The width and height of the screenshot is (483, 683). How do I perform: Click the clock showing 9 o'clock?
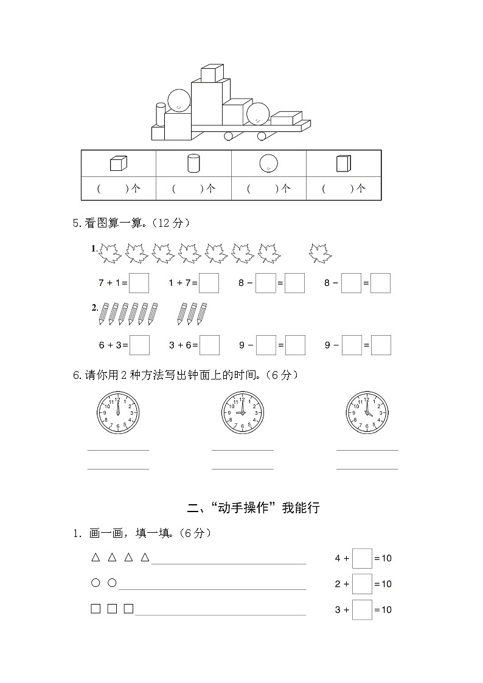click(242, 413)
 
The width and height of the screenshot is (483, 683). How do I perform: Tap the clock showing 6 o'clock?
click(118, 413)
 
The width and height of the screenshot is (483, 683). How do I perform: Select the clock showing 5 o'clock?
click(367, 413)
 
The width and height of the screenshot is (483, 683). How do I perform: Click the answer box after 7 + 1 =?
click(139, 283)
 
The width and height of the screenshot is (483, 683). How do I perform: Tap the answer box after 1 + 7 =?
click(209, 283)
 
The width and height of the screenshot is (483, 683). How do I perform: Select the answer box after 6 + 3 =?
click(139, 345)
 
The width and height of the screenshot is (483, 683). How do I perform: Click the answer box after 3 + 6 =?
click(209, 345)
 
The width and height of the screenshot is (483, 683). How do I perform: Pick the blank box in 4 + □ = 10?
click(362, 558)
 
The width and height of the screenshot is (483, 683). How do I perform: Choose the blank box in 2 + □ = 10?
click(362, 584)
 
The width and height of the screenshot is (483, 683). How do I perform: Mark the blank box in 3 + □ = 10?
click(362, 609)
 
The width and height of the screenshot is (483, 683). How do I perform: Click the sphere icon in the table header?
click(268, 164)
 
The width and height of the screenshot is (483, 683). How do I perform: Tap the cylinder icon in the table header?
click(193, 164)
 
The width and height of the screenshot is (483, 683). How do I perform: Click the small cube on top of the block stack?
click(212, 74)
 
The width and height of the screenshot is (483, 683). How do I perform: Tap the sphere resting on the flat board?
click(258, 113)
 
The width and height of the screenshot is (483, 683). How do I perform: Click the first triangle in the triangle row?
click(96, 557)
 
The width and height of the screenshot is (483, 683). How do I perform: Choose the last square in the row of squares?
click(128, 609)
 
